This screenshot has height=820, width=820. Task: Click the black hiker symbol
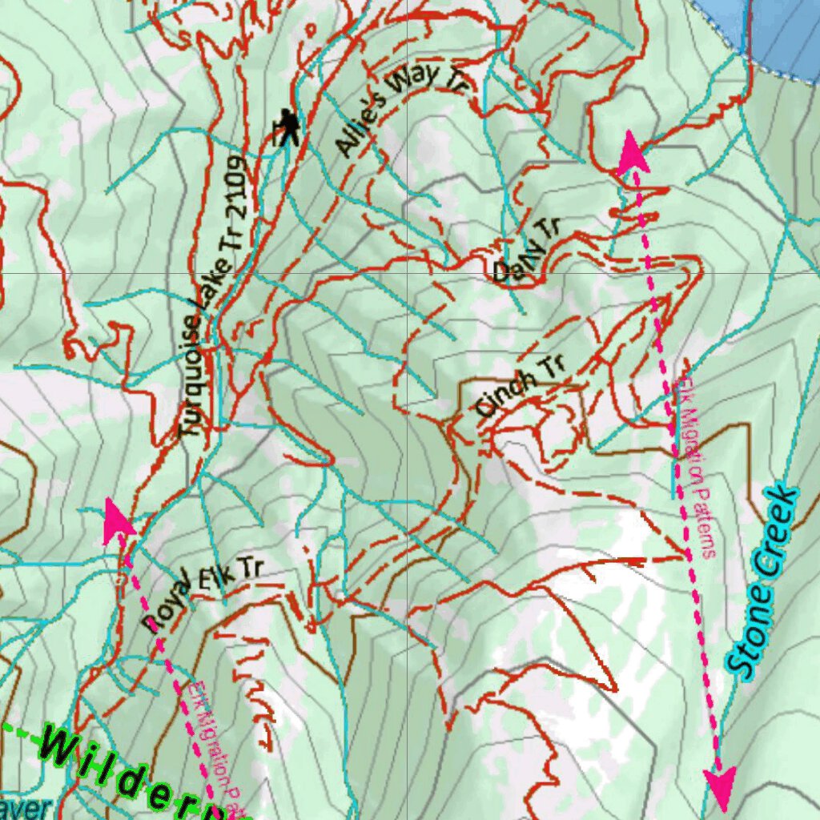pyautogui.click(x=287, y=128)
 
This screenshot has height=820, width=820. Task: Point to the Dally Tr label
pyautogui.click(x=525, y=251)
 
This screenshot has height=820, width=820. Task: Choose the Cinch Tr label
pyautogui.click(x=519, y=386)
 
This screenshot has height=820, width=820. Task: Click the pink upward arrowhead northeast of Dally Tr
pyautogui.click(x=633, y=151)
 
